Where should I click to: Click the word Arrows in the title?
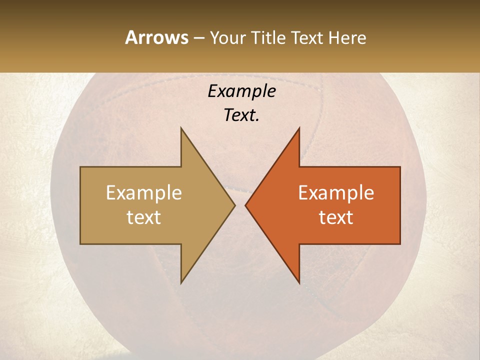tap(156, 37)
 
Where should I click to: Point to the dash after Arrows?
tap(199, 38)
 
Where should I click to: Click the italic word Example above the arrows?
tap(241, 91)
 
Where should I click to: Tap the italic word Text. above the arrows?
tap(241, 115)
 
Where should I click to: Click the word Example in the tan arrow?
tap(144, 193)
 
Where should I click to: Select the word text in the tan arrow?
tap(144, 217)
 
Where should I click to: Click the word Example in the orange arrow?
tap(336, 193)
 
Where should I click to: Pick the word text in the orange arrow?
tap(336, 217)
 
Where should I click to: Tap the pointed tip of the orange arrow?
tap(246, 205)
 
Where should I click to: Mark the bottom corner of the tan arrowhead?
tap(181, 282)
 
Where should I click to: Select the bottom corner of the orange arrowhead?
tap(299, 282)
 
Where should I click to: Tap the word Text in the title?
tap(307, 37)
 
